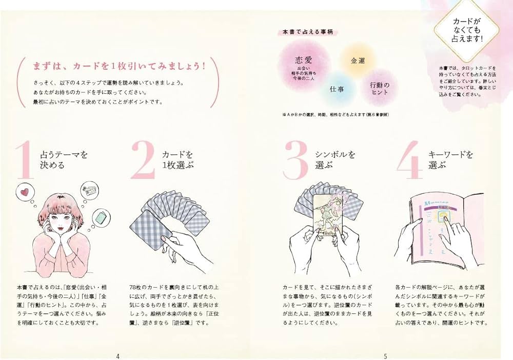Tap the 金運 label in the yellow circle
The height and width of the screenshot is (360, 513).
[x=358, y=61]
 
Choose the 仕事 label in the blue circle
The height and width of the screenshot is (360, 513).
[x=337, y=89]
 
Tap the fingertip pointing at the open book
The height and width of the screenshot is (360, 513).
[x=444, y=219]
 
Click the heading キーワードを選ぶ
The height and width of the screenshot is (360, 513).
[x=450, y=159]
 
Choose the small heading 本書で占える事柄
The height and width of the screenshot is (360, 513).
[x=304, y=32]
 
